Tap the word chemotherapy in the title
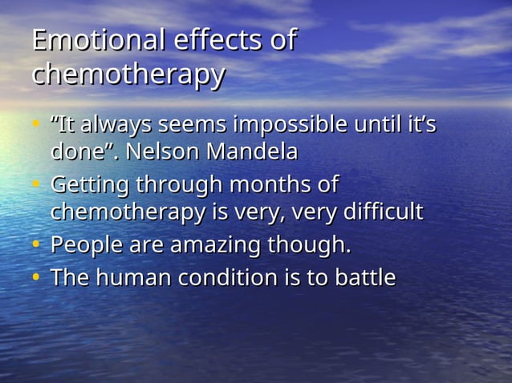point(128,75)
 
